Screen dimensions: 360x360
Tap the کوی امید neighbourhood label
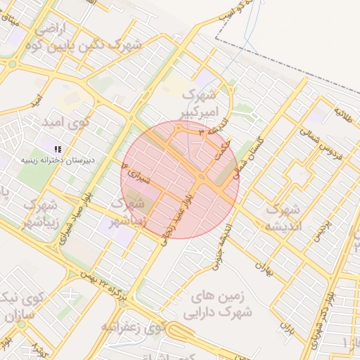(67, 122)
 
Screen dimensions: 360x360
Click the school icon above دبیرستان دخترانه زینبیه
(58, 148)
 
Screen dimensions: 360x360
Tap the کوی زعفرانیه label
(134, 326)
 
